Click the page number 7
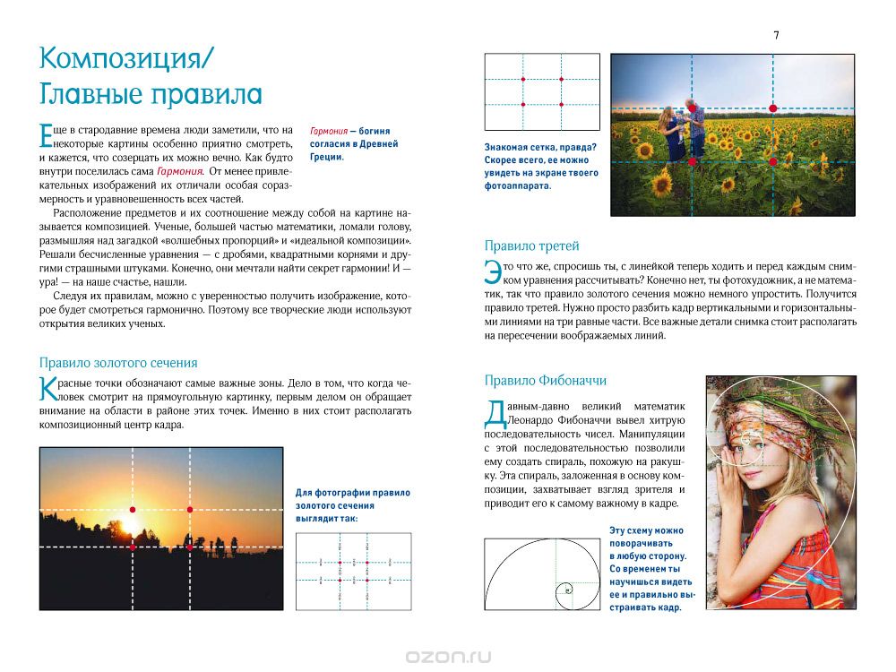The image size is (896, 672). [x=776, y=35]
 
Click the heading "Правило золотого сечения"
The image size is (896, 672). [x=118, y=363]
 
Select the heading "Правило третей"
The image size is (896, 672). [x=531, y=246]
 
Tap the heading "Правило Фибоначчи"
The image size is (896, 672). [x=542, y=379]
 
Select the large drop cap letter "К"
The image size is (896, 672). [x=48, y=389]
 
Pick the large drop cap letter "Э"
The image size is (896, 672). [x=493, y=271]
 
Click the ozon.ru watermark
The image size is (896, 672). [x=448, y=656]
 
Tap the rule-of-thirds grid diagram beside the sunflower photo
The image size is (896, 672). [x=542, y=92]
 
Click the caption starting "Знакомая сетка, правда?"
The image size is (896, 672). [x=541, y=167]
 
